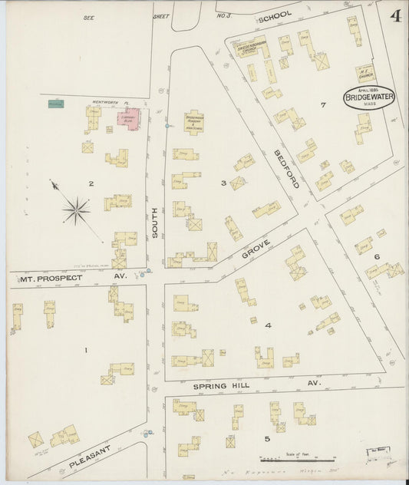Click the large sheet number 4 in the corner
[395, 16]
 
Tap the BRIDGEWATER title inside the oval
[370, 97]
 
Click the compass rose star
[76, 209]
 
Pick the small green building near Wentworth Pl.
[55, 104]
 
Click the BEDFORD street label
[286, 169]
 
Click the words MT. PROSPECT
[51, 278]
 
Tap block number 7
[323, 104]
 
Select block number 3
[223, 183]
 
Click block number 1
[86, 351]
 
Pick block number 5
[267, 439]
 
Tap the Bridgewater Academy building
[193, 123]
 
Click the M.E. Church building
[366, 74]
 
